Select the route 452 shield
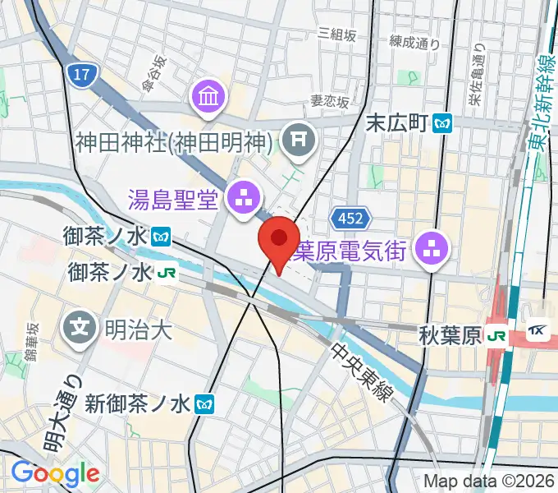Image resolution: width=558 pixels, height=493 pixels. point(352,219)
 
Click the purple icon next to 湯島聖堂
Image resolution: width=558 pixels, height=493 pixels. point(243,196)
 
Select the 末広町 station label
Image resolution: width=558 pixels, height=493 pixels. point(397,123)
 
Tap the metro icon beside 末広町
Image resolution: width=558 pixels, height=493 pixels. point(444,123)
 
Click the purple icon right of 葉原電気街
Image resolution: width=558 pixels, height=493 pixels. point(431,248)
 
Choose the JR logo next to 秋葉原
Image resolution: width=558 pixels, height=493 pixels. point(496,334)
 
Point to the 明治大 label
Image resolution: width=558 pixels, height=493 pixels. point(138,329)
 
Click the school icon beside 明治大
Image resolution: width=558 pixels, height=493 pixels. point(80,329)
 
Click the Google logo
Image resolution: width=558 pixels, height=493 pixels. point(55,473)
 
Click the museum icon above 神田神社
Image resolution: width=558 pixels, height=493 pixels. point(208,98)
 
